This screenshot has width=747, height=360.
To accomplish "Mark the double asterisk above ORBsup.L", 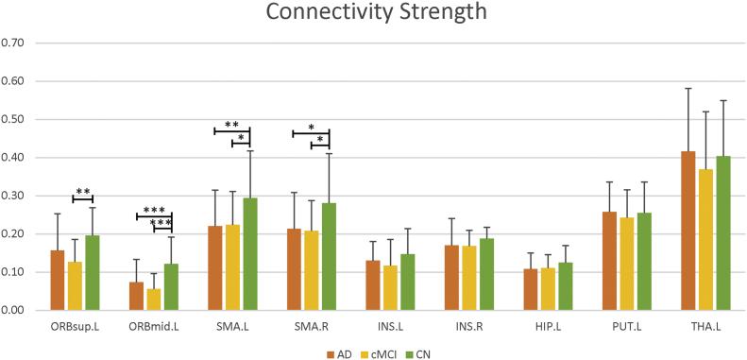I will coord(83,193).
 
